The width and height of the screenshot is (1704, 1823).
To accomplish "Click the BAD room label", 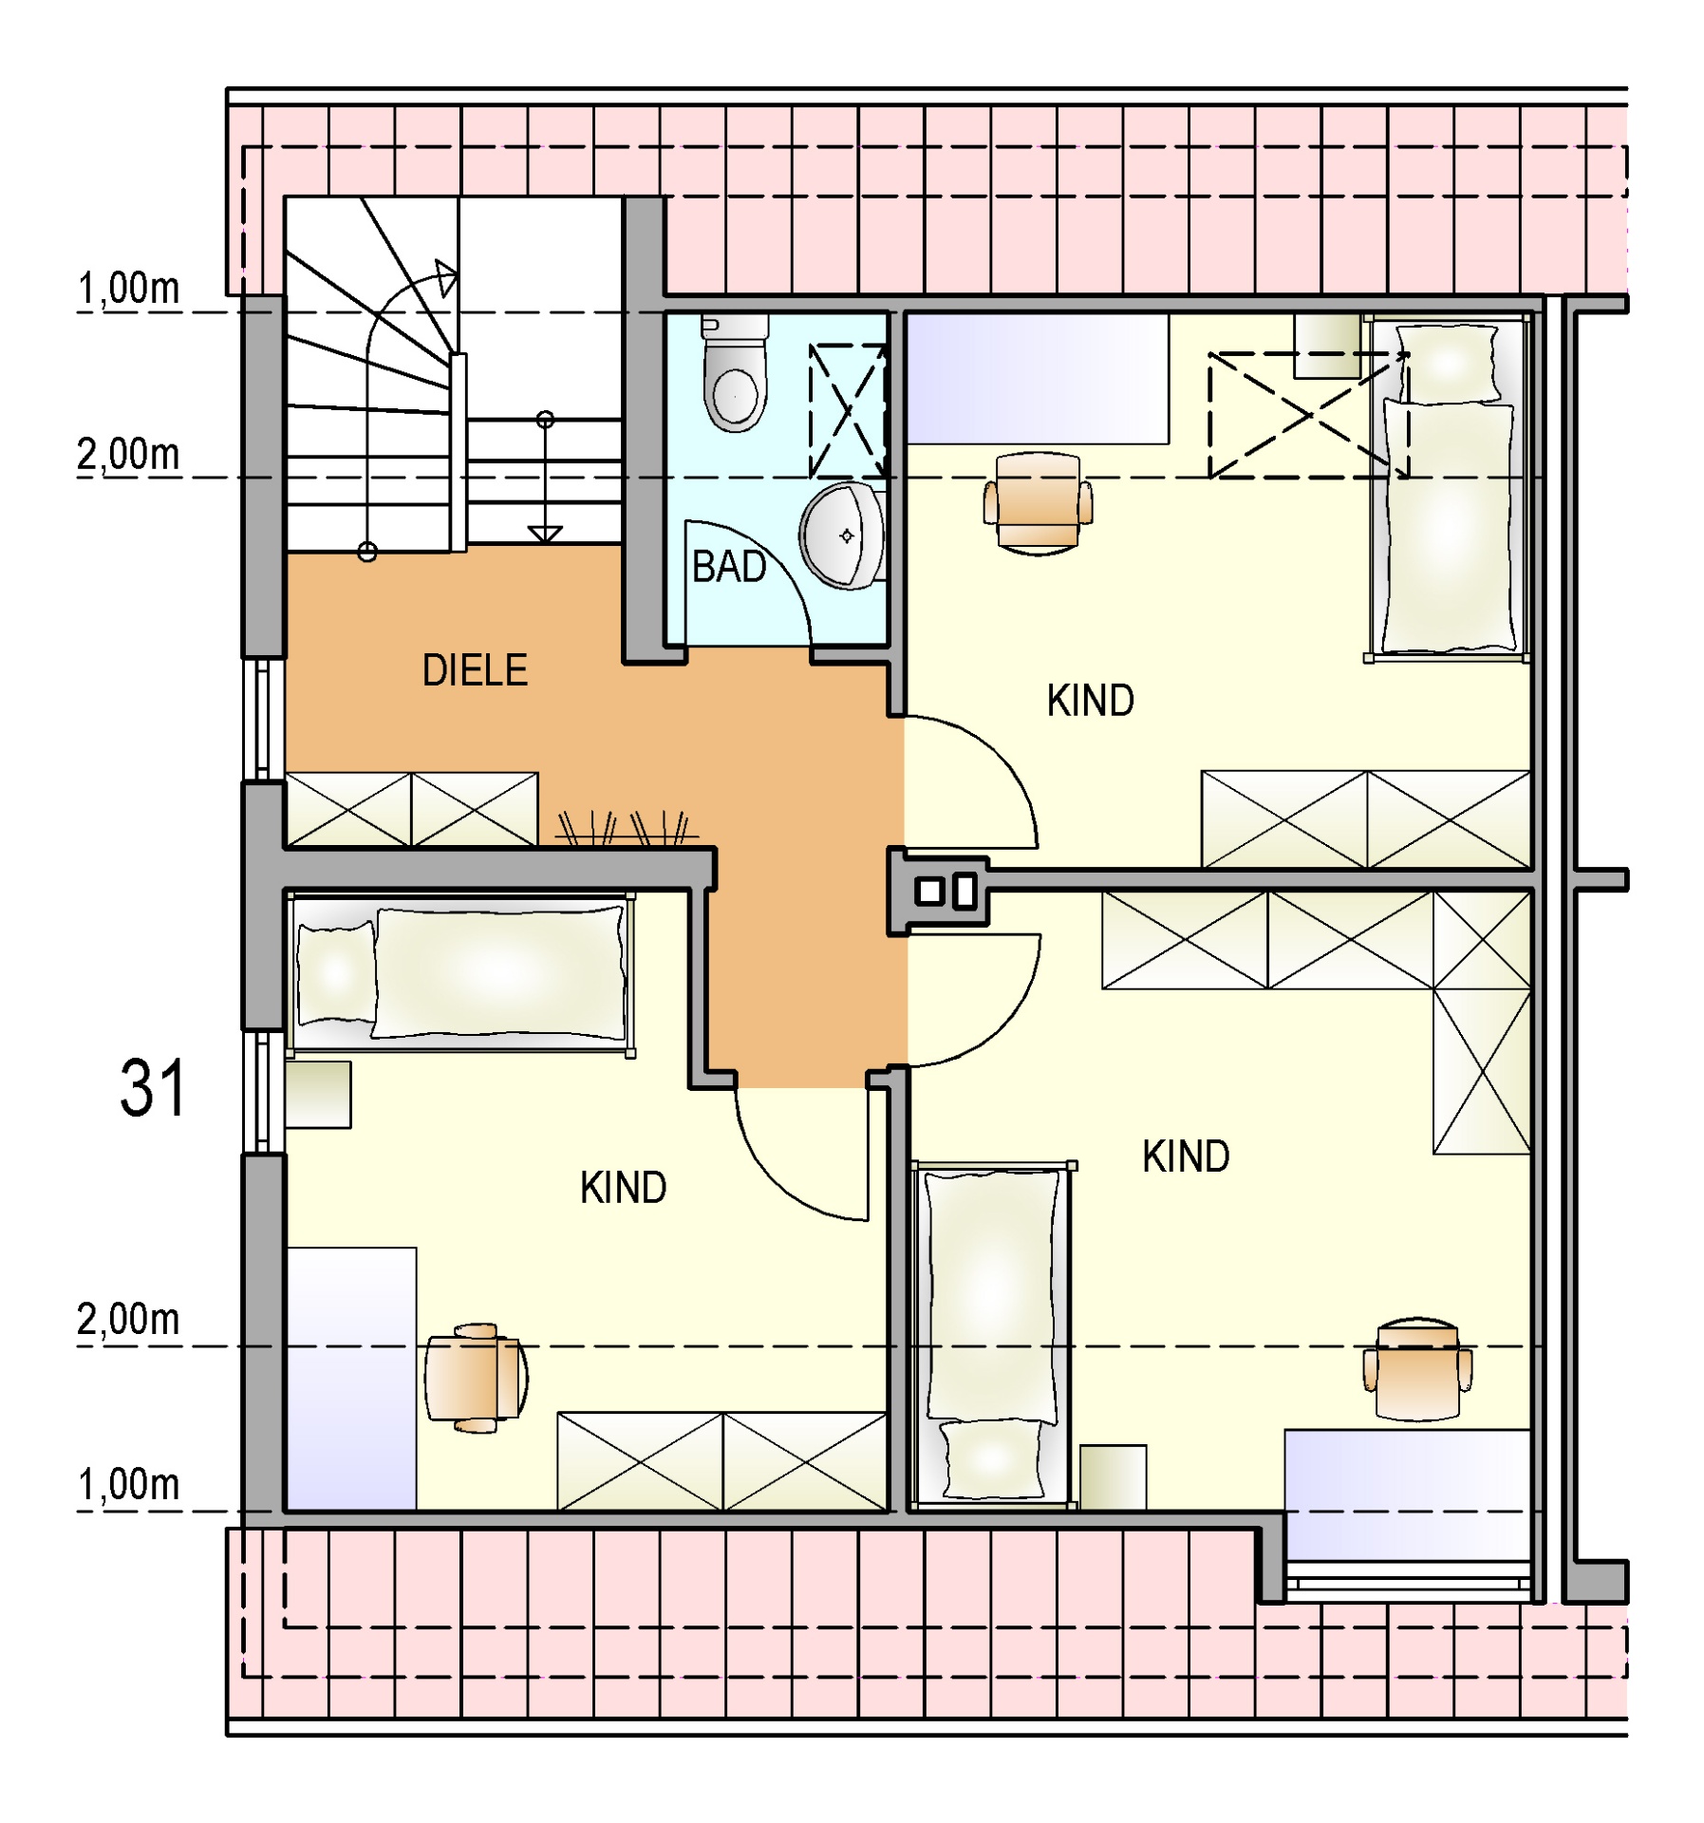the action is (x=728, y=567).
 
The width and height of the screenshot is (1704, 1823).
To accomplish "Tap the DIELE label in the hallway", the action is (x=475, y=670).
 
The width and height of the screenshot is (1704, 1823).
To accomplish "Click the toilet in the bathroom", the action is (x=735, y=373).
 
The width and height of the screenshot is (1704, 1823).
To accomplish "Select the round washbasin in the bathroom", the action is (x=842, y=536).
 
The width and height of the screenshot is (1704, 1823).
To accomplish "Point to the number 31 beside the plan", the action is (x=152, y=1088).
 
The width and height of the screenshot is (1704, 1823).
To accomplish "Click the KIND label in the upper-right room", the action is (x=1090, y=701).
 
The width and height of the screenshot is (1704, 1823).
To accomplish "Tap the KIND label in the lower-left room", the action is (x=623, y=1188).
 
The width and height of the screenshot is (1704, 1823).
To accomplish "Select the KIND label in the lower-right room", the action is (x=1186, y=1156).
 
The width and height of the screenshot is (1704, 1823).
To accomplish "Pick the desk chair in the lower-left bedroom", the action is (x=476, y=1378).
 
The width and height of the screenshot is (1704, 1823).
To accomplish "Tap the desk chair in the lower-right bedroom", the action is (x=1418, y=1369).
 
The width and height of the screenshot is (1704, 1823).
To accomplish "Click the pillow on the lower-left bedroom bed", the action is (x=336, y=972).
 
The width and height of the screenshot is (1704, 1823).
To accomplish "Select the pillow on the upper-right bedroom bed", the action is (x=1448, y=363).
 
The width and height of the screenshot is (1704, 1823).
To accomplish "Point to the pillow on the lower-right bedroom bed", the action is (x=993, y=1459).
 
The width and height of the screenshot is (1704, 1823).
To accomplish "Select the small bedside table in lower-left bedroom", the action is (x=319, y=1095).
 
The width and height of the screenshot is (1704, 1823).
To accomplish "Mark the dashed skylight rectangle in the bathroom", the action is (x=847, y=411).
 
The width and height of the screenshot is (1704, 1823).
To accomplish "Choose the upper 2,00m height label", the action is (x=128, y=454).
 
